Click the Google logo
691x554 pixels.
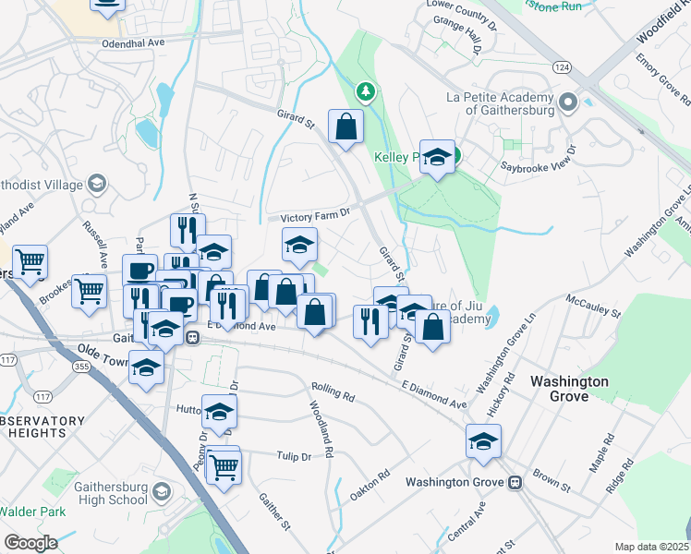point(30,543)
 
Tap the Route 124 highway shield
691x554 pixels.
point(561,67)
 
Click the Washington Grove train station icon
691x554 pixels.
point(515,482)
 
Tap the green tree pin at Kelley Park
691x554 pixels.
point(367,90)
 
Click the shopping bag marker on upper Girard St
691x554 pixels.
point(345,128)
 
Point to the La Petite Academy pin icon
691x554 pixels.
point(567,102)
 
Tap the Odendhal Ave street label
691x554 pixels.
point(132,42)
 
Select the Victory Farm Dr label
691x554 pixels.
point(317,214)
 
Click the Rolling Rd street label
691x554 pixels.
point(333,391)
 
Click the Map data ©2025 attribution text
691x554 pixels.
point(651,547)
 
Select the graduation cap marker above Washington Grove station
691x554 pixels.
point(483,440)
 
